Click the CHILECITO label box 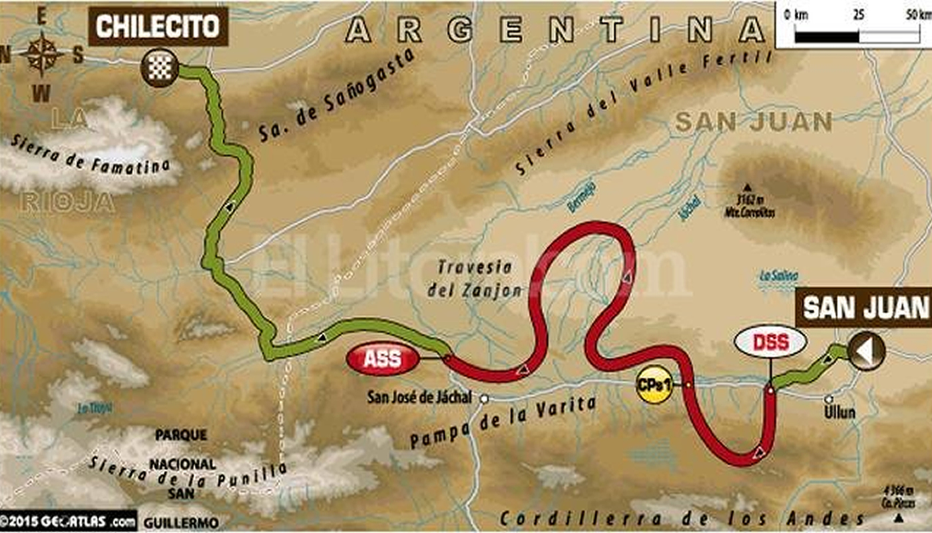click(x=158, y=26)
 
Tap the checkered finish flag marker click(x=160, y=67)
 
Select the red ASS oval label click(x=382, y=360)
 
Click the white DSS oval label click(x=770, y=342)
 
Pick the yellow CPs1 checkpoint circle click(x=654, y=386)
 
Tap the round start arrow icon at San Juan click(x=866, y=351)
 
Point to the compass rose click(x=41, y=55)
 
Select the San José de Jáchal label click(x=419, y=398)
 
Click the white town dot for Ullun click(x=829, y=399)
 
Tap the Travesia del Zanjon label click(x=475, y=278)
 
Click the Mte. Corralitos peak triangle click(x=748, y=187)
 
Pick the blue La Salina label click(x=780, y=276)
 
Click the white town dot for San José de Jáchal click(x=485, y=398)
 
